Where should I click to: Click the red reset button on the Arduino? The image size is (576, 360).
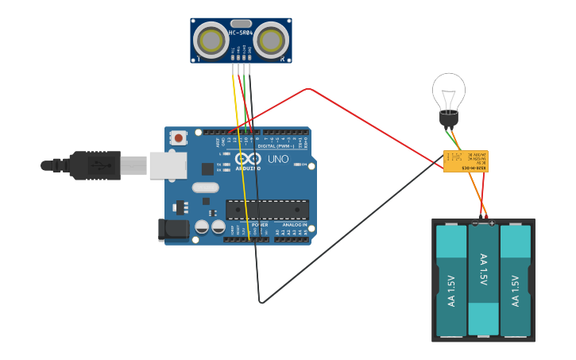(x=178, y=137)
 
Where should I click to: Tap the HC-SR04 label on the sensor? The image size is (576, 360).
(x=241, y=33)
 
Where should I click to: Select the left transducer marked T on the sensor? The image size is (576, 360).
(x=211, y=41)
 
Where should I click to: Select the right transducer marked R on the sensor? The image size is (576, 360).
(x=271, y=41)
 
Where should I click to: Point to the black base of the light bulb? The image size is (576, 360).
(x=449, y=119)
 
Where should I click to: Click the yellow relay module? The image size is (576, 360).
(x=466, y=161)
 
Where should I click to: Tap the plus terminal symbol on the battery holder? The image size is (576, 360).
(x=492, y=223)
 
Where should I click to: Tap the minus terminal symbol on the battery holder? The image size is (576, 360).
(x=475, y=223)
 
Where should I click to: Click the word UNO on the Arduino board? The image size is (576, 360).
(x=278, y=159)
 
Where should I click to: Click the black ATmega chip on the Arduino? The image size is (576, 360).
(x=267, y=209)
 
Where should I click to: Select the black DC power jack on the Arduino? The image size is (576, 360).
(x=173, y=230)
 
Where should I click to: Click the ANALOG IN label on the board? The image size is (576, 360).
(x=294, y=225)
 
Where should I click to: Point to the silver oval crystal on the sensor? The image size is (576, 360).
(x=241, y=24)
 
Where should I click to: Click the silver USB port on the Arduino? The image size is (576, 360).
(x=168, y=165)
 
